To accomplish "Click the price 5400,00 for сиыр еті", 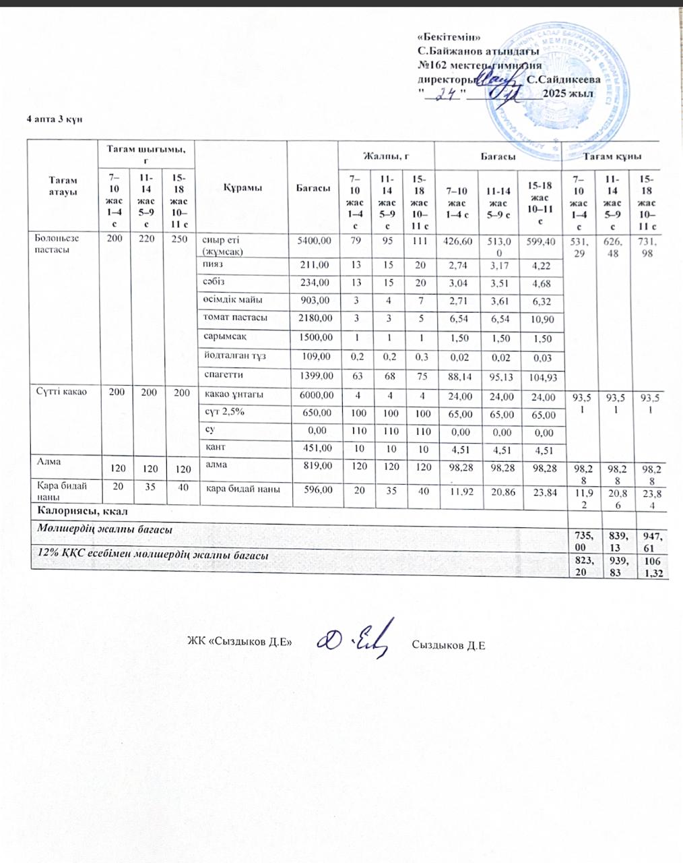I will coord(314,240).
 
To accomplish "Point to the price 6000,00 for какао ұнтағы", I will coord(314,396).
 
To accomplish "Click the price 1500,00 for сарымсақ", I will coord(314,336).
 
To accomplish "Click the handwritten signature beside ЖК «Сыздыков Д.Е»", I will coord(354,638).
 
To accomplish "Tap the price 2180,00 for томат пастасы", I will coord(314,317).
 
